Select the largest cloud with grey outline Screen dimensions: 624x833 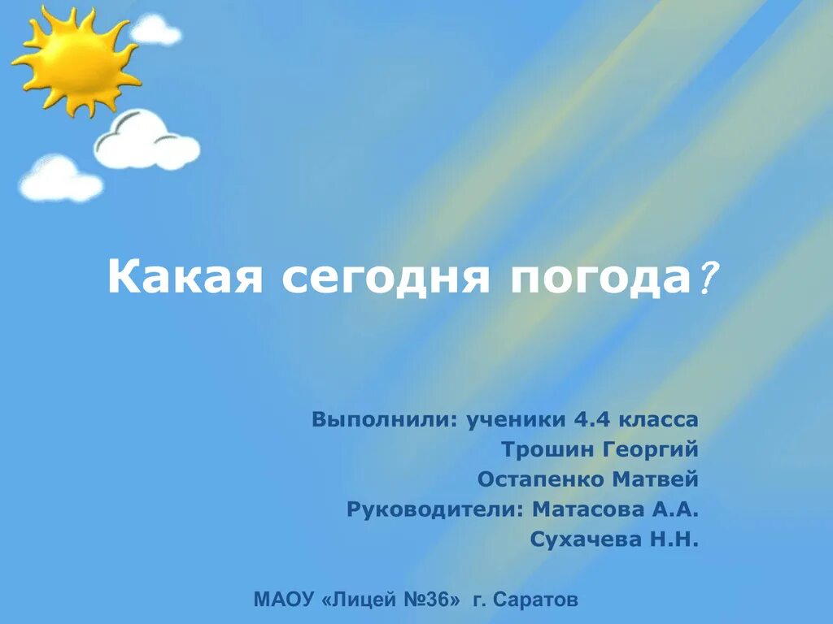(x=146, y=142)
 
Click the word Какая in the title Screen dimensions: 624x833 (x=186, y=279)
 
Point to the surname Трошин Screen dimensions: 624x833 (x=547, y=450)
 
